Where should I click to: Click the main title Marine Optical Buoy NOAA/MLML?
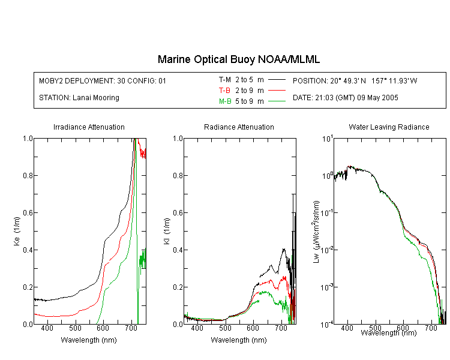[x=238, y=59]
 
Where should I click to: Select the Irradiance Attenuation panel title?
[x=89, y=127]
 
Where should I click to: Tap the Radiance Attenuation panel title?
[x=239, y=127]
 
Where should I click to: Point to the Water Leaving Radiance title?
[x=389, y=127]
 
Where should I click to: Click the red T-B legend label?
[x=224, y=91]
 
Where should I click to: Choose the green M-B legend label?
[x=225, y=101]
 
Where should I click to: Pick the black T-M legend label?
[x=225, y=80]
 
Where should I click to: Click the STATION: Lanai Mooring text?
[x=79, y=98]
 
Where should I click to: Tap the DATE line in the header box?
[x=345, y=98]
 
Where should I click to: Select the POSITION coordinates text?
[x=355, y=80]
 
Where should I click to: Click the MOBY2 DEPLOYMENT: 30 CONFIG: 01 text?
[x=103, y=80]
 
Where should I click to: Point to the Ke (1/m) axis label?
[x=17, y=232]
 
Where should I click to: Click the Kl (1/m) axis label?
[x=167, y=232]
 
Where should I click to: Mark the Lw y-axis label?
[x=316, y=232]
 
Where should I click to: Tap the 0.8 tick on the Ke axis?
[x=28, y=175]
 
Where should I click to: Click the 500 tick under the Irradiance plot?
[x=75, y=328]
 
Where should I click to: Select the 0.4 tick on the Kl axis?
[x=178, y=250]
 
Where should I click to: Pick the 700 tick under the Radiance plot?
[x=281, y=328]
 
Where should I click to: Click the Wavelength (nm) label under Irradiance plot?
[x=89, y=340]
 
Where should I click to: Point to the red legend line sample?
[x=277, y=91]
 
